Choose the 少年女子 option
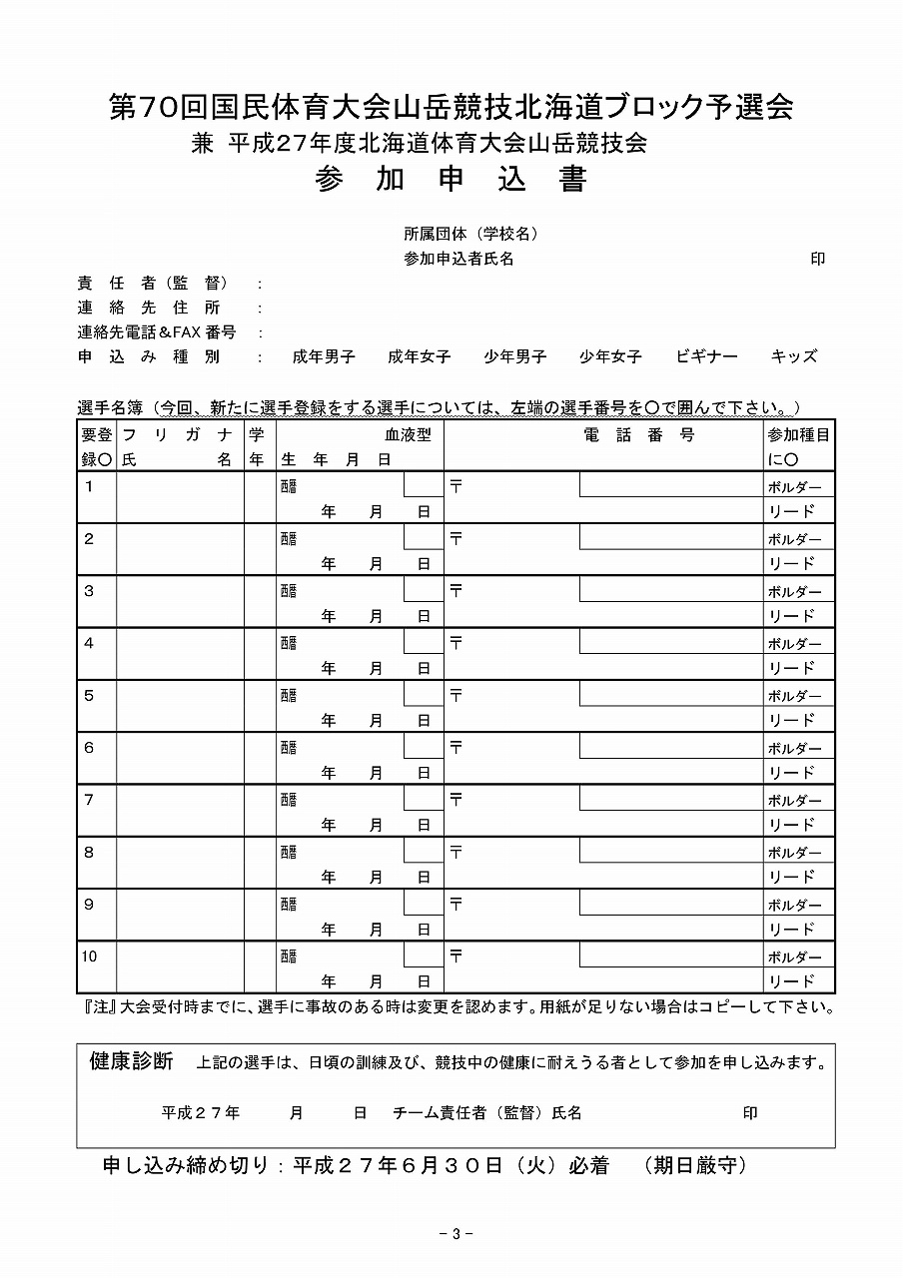[610, 356]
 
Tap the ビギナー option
[706, 356]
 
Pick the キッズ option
[794, 356]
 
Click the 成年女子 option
[419, 356]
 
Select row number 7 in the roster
[90, 800]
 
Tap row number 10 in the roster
[90, 957]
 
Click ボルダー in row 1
[794, 487]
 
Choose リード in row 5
[791, 720]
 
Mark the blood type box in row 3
[423, 590]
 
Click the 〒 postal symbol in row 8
[456, 852]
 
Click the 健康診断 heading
[131, 1061]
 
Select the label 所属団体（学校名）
[471, 235]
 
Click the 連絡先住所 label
[149, 309]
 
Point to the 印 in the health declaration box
[750, 1113]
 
